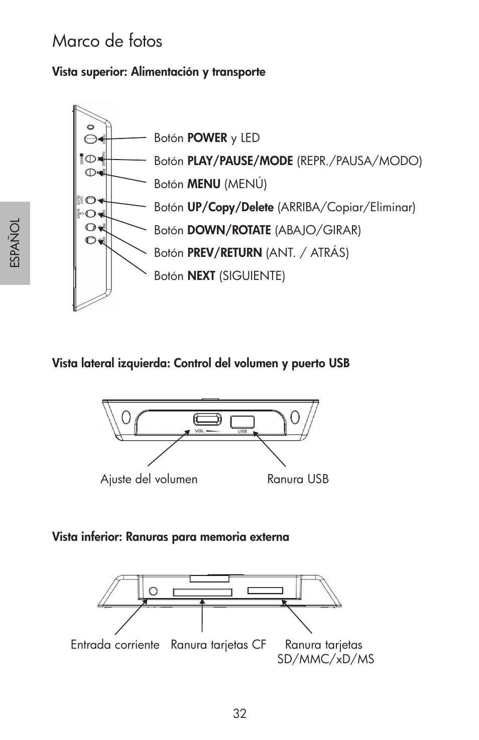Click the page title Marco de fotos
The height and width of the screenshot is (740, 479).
pos(107,41)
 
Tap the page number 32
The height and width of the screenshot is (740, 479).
pos(240,713)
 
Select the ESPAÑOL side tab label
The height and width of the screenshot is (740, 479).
pos(15,243)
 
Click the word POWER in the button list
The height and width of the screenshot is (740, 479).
pos(207,138)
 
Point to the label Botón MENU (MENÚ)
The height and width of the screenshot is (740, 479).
pos(210,184)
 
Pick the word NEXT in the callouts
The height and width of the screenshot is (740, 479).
pos(201,276)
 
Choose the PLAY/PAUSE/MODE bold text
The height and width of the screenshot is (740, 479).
pos(240,161)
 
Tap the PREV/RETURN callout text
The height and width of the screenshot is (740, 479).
pos(224,253)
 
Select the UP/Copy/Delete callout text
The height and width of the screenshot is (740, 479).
pos(230,207)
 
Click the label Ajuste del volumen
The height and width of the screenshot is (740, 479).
pos(149,479)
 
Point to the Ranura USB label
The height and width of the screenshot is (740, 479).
pos(298,479)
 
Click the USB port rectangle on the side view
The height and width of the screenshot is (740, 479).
pos(242,421)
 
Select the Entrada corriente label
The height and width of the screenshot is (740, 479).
pos(115,645)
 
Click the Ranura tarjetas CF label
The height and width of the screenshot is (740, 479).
pos(218,645)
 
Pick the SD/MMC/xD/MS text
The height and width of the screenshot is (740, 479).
pos(326,659)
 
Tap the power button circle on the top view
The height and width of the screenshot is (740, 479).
pos(90,138)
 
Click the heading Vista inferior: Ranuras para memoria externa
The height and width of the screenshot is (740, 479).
pos(171,537)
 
